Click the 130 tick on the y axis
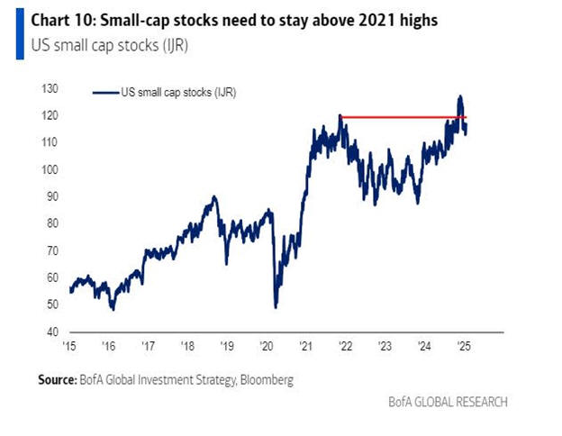tap(51, 89)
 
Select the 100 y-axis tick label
tap(51, 170)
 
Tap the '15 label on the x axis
tap(68, 345)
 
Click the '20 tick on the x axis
tap(266, 345)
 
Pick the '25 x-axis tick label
tap(464, 345)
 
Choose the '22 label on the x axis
tap(345, 345)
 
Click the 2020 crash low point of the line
tap(275, 307)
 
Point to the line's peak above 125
tap(460, 96)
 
